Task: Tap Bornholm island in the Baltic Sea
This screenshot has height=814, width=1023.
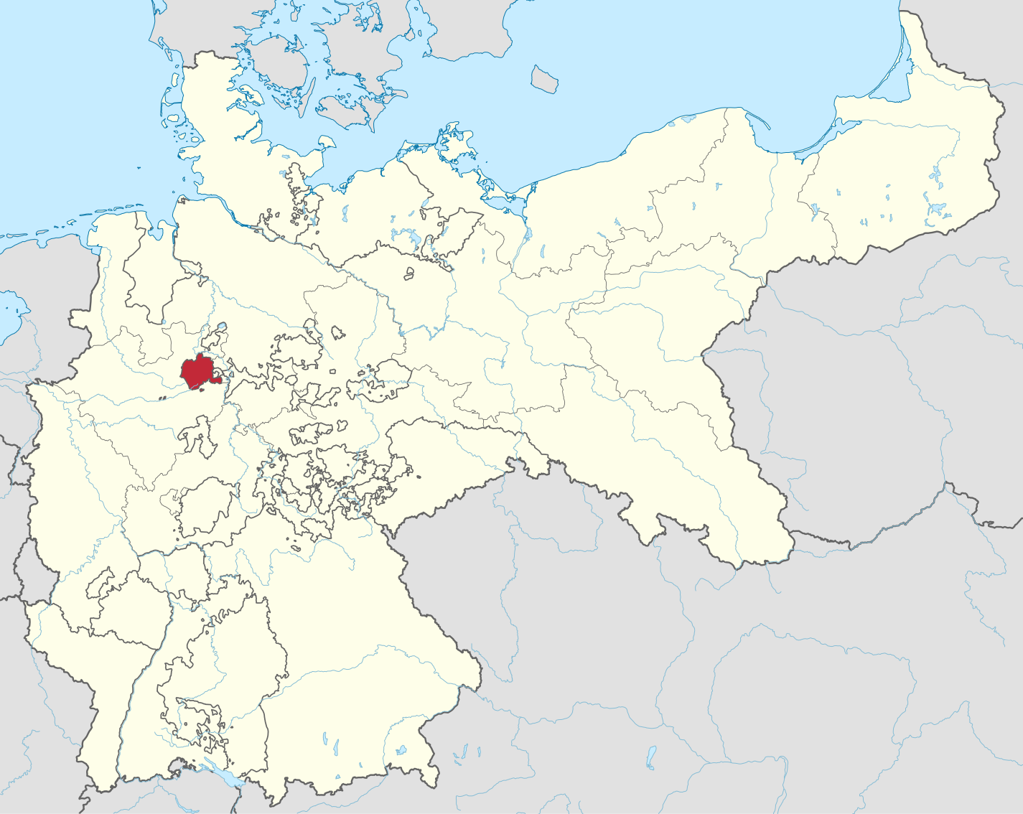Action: pyautogui.click(x=544, y=78)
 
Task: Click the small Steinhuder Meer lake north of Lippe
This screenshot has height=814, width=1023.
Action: pyautogui.click(x=221, y=327)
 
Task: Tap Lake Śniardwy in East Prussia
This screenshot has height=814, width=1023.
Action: pyautogui.click(x=936, y=210)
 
